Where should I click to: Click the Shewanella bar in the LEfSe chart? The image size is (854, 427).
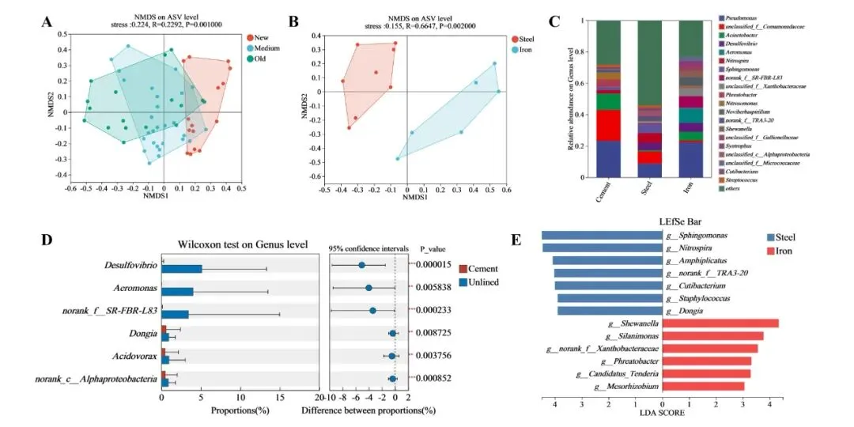[x=720, y=323]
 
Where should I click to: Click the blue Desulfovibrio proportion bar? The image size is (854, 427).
[x=182, y=269]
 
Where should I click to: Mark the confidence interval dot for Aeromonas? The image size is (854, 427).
[x=368, y=288]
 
